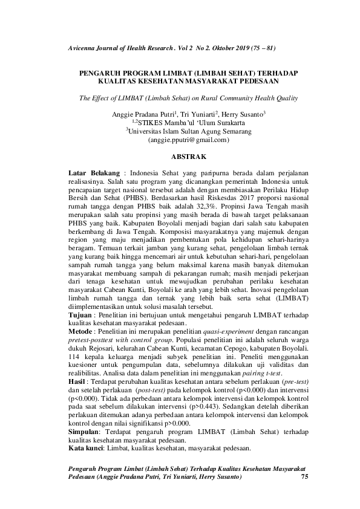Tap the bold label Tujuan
(x=80, y=316)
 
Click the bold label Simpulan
(x=84, y=433)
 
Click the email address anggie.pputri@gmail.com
(x=180, y=139)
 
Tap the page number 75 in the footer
(x=304, y=478)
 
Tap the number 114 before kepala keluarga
(x=74, y=358)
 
